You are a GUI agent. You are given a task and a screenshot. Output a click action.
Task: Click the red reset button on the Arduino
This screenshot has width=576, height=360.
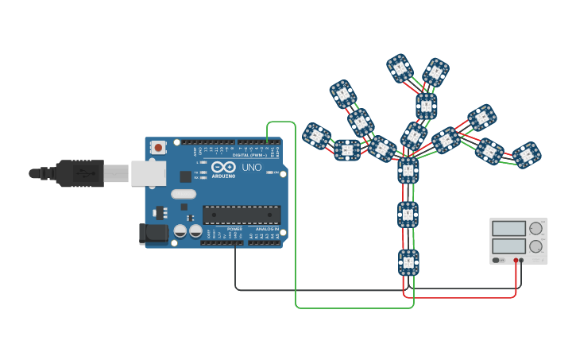click(x=159, y=147)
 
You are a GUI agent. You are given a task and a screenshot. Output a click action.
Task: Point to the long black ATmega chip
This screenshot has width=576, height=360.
click(x=242, y=215)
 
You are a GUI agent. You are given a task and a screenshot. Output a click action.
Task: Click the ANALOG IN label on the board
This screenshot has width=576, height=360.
click(x=267, y=229)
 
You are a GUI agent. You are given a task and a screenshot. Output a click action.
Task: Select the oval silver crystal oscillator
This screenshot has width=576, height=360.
click(x=183, y=194)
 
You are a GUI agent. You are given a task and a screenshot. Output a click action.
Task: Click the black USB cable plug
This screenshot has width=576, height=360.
click(x=75, y=172)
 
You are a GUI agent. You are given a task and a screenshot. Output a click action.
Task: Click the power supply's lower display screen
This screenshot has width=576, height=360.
click(x=509, y=247)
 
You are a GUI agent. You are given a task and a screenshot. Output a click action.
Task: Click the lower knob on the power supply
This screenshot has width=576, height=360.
click(x=536, y=247)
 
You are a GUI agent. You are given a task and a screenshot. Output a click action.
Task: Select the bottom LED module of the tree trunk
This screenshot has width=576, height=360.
click(x=408, y=261)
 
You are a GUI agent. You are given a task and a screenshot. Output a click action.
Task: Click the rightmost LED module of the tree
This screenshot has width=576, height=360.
click(x=525, y=155)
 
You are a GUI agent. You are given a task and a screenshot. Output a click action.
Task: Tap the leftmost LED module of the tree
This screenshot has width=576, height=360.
click(x=316, y=136)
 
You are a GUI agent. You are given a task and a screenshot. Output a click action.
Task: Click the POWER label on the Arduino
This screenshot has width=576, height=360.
click(x=234, y=229)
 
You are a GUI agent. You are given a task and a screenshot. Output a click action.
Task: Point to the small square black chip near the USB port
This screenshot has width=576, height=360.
click(x=185, y=176)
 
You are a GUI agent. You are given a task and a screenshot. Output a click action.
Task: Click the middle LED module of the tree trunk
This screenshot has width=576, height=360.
click(x=408, y=215)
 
